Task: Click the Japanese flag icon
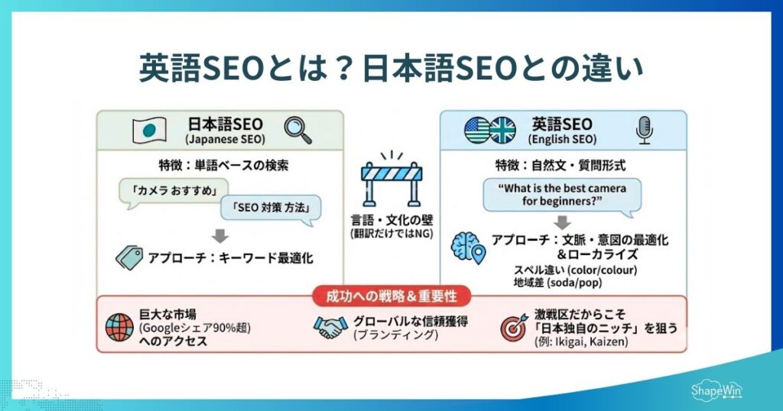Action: pyautogui.click(x=150, y=130)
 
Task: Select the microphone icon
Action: pyautogui.click(x=645, y=131)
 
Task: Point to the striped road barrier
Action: pyautogui.click(x=391, y=180)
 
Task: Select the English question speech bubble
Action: pyautogui.click(x=562, y=194)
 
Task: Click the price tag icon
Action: pyautogui.click(x=129, y=257)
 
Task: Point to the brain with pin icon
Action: pyautogui.click(x=469, y=248)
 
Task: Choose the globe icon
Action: pyautogui.click(x=120, y=327)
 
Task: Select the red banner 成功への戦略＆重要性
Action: pyautogui.click(x=391, y=296)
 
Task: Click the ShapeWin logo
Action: pyautogui.click(x=714, y=390)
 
